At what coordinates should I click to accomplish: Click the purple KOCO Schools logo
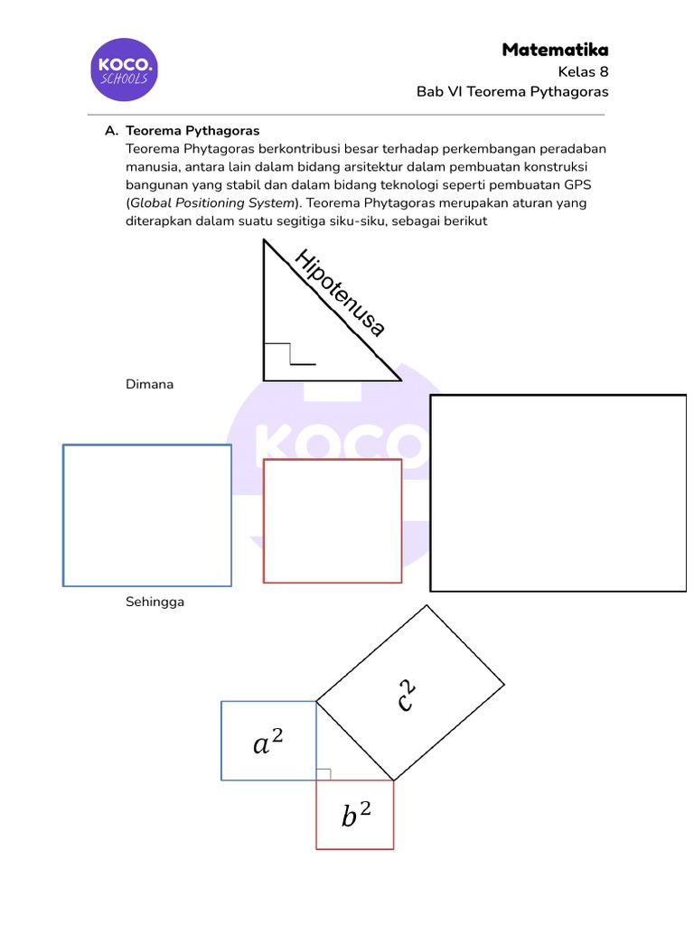pos(125,69)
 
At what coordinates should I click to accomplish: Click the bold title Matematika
pos(555,50)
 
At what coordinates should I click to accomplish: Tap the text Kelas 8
pos(583,71)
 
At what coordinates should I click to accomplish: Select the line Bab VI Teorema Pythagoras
pos(511,92)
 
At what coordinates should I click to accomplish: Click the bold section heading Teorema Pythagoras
pos(192,131)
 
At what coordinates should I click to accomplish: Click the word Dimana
pos(149,385)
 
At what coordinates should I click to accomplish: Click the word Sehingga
pos(155,602)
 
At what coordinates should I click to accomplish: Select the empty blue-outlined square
pos(146,515)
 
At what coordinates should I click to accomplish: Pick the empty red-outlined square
pos(332,521)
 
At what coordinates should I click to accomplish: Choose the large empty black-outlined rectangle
pos(558,492)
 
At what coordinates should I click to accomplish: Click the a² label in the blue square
pos(267,743)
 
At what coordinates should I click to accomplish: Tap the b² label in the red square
pos(356,817)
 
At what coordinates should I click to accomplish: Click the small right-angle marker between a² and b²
pos(324,774)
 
